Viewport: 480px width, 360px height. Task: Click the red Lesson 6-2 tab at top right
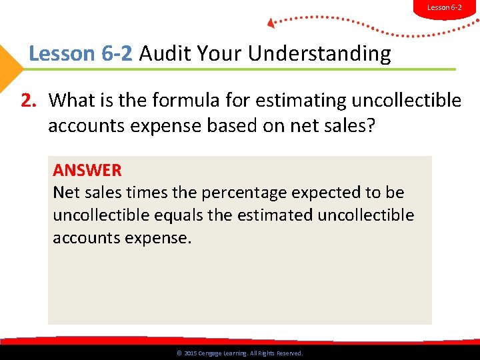pyautogui.click(x=444, y=7)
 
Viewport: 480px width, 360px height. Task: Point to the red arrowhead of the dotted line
pyautogui.click(x=271, y=23)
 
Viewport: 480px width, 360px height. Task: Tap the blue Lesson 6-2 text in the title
pyautogui.click(x=81, y=53)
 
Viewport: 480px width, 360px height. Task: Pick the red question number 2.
pyautogui.click(x=28, y=101)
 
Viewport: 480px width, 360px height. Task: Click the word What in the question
pyautogui.click(x=73, y=101)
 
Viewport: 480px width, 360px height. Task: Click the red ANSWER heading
pyautogui.click(x=87, y=171)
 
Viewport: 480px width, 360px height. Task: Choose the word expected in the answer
pyautogui.click(x=331, y=193)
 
